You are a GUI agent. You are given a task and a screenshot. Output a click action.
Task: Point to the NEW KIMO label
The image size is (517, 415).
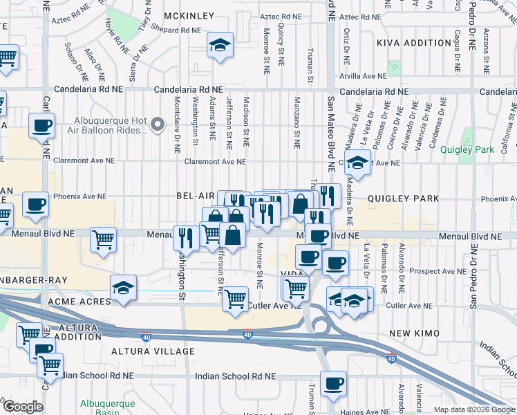click(x=410, y=334)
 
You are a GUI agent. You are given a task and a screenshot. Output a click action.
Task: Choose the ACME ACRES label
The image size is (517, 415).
click(x=79, y=302)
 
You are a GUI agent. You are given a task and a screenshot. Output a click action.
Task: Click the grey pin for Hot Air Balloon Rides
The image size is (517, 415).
click(x=158, y=124)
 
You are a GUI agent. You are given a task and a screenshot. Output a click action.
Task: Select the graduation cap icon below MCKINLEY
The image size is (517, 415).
click(x=220, y=46)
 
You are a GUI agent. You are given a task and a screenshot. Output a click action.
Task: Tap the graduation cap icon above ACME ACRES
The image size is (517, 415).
click(x=123, y=288)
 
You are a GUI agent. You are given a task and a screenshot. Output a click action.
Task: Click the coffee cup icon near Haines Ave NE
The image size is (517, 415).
click(x=333, y=382)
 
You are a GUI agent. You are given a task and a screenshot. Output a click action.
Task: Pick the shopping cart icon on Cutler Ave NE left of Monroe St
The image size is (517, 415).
click(x=235, y=299)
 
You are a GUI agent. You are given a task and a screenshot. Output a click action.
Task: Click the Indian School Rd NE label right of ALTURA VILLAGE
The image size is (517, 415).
click(x=235, y=376)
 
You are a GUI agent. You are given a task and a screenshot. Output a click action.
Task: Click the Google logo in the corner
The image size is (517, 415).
click(x=23, y=407)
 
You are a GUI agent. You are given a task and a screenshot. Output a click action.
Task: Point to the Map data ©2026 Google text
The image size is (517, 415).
click(x=474, y=409)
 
